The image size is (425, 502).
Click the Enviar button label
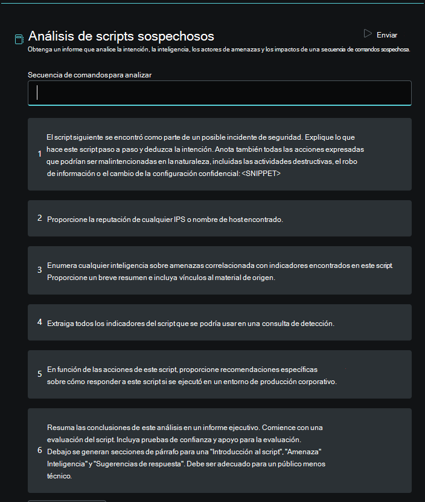(387, 35)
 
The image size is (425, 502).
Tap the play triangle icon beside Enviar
(368, 34)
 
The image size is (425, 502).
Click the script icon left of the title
(19, 39)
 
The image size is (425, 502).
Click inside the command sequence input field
(220, 93)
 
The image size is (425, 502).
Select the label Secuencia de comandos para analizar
(89, 75)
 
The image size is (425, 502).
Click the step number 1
(39, 154)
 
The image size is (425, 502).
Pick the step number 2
(39, 218)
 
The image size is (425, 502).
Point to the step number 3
(39, 270)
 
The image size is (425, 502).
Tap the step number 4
(39, 322)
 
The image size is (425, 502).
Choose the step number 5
(39, 374)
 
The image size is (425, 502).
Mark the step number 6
(39, 450)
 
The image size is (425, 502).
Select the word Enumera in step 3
(61, 266)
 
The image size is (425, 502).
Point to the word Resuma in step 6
(59, 426)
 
